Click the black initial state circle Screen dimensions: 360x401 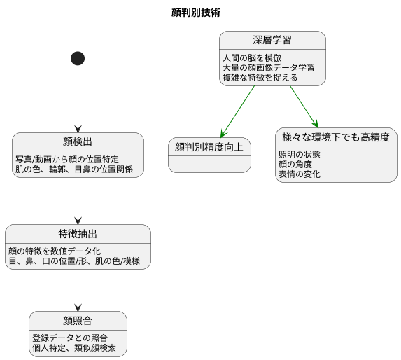[x=78, y=58]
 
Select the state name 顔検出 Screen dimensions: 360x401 [x=78, y=141]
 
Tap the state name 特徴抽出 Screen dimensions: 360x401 [x=78, y=233]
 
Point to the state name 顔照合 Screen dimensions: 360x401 [x=78, y=321]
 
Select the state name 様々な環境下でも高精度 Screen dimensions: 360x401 [x=335, y=136]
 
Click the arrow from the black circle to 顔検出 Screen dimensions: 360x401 [x=78, y=98]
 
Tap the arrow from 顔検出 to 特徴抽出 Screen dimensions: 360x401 [x=78, y=200]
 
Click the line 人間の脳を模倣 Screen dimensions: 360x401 [x=252, y=57]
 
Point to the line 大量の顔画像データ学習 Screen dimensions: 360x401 [x=268, y=67]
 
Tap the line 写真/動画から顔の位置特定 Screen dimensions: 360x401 [x=67, y=159]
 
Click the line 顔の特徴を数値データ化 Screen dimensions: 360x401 [x=55, y=251]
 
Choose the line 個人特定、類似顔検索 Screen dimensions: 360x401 [x=74, y=348]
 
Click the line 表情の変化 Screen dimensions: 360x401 [x=300, y=174]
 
